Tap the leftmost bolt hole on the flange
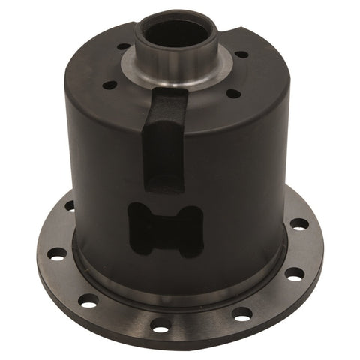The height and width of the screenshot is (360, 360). (x=56, y=253)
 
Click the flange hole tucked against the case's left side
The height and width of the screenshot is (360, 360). (x=70, y=205)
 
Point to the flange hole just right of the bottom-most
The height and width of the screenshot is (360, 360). (x=241, y=313)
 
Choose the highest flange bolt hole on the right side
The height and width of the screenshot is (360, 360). (x=298, y=223)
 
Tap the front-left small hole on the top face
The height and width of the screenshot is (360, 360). (x=109, y=85)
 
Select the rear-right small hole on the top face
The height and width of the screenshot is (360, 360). (x=241, y=55)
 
